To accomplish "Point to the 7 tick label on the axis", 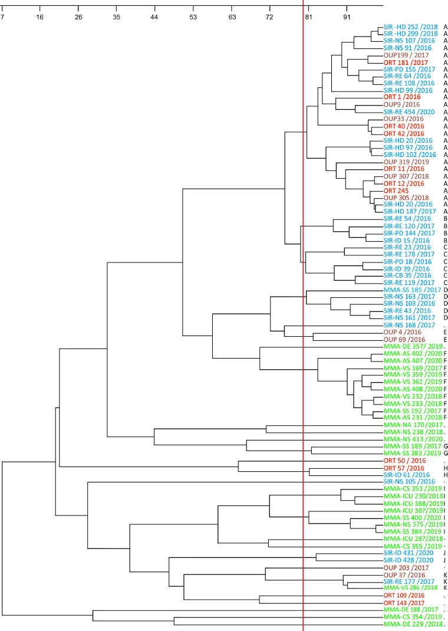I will tap(2, 17).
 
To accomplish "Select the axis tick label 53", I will tap(193, 17).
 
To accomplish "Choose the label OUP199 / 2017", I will tap(406, 55).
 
